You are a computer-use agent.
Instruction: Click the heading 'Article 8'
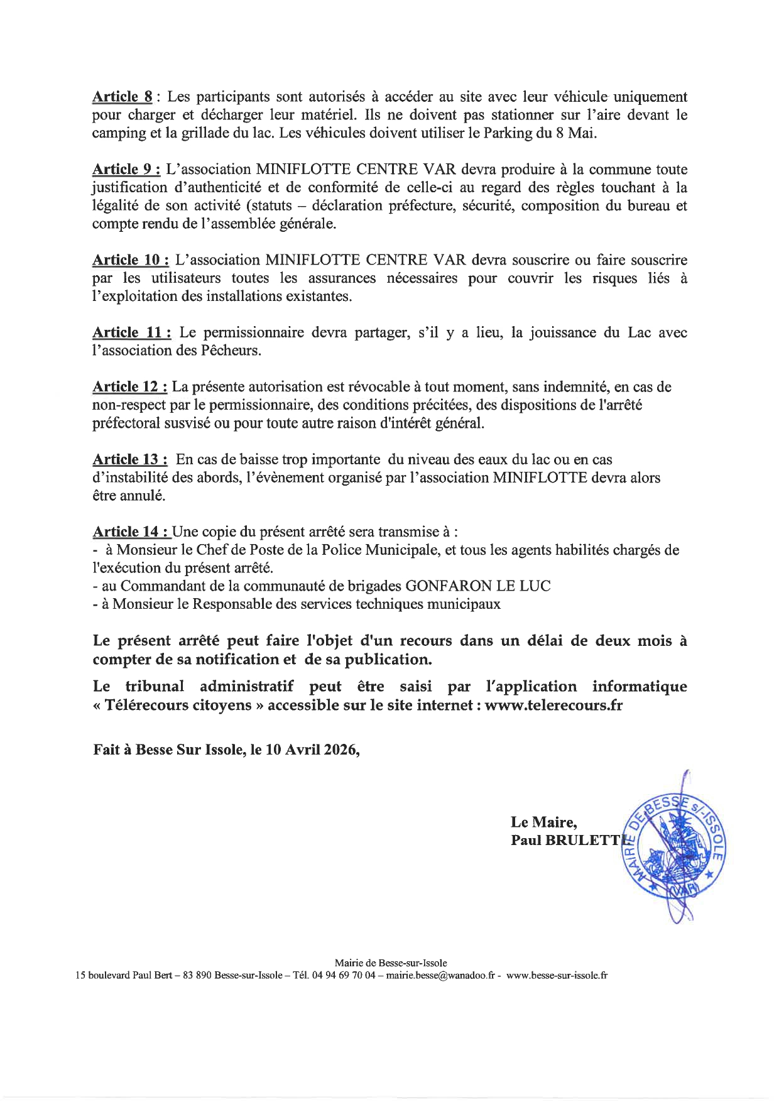pyautogui.click(x=123, y=97)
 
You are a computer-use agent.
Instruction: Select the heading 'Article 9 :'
pyautogui.click(x=126, y=170)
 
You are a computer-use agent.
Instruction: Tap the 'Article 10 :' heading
pyautogui.click(x=130, y=260)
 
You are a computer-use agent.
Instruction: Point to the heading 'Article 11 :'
pyautogui.click(x=130, y=332)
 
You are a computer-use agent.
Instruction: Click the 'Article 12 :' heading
pyautogui.click(x=130, y=387)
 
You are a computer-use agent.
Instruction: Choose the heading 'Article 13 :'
pyautogui.click(x=130, y=459)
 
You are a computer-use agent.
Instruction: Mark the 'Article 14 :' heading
pyautogui.click(x=130, y=532)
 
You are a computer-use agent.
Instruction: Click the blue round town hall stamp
pyautogui.click(x=671, y=846)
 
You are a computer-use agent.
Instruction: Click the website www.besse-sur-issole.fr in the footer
pyautogui.click(x=557, y=976)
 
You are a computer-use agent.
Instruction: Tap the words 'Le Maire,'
pyautogui.click(x=543, y=822)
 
